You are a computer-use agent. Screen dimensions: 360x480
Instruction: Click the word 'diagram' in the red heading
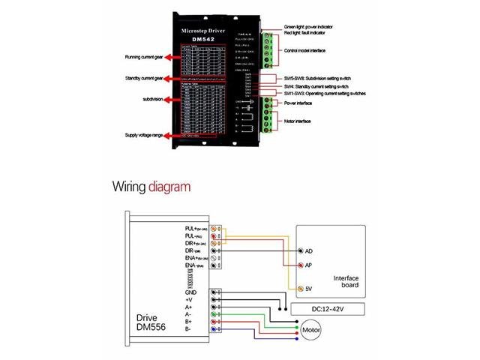click(x=169, y=186)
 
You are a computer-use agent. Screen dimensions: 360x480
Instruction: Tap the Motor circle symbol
click(x=310, y=329)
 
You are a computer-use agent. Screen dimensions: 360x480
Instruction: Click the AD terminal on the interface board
click(x=300, y=250)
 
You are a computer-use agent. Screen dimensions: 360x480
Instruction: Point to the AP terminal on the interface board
click(x=300, y=265)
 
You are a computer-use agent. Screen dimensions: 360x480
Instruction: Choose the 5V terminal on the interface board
click(x=300, y=289)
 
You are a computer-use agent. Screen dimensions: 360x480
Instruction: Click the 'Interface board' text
click(x=346, y=280)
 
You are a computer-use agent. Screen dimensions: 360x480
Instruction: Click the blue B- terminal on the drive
click(x=214, y=328)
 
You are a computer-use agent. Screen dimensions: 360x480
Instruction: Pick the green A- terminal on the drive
click(x=214, y=314)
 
